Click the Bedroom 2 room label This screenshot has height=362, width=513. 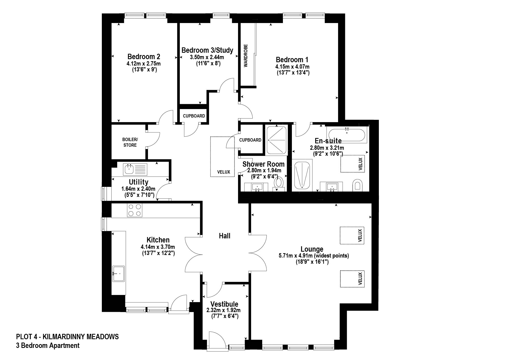tap(144, 56)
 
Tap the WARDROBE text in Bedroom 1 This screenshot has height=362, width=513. tap(246, 56)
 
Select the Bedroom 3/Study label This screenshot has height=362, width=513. tap(207, 50)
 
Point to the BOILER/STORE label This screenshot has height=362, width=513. tap(130, 142)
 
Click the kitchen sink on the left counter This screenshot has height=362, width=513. tap(119, 274)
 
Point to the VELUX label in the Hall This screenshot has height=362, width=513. tap(223, 172)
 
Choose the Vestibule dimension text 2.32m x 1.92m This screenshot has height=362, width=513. tap(223, 310)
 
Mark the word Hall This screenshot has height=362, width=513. tap(224, 236)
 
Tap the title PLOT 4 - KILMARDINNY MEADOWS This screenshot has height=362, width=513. tap(67, 336)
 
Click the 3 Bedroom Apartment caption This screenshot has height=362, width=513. tap(48, 346)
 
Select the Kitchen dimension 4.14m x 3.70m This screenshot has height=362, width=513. tap(158, 247)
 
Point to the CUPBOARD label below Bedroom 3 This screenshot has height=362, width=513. tap(194, 116)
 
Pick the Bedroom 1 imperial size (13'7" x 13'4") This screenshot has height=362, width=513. tap(293, 72)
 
